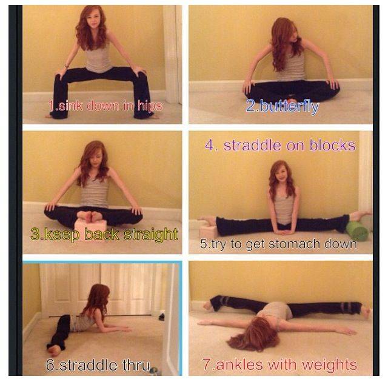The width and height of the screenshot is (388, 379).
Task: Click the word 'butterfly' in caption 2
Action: [290, 107]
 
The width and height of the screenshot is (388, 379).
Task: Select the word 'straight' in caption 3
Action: [151, 234]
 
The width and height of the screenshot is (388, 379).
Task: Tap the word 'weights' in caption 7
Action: [332, 364]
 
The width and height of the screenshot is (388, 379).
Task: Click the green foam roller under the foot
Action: [357, 231]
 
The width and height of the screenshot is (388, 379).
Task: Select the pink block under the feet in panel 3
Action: [90, 226]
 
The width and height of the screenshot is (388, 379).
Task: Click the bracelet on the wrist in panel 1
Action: [66, 66]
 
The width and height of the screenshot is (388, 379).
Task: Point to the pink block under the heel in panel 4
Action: [207, 230]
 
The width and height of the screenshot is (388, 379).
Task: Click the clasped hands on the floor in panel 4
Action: [285, 232]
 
